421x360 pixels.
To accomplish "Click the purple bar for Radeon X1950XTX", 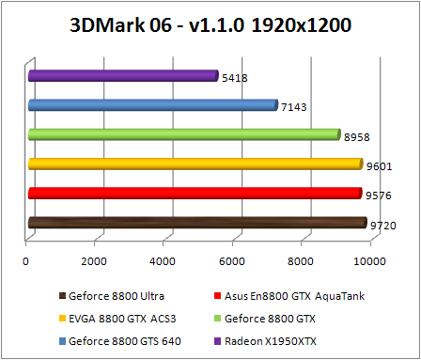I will click(x=122, y=76).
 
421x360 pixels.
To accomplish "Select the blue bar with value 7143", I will click(x=152, y=105).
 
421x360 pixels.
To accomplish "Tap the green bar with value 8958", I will click(x=183, y=134).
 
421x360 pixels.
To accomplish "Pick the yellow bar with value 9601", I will click(x=195, y=164).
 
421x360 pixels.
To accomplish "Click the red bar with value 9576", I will click(x=195, y=194).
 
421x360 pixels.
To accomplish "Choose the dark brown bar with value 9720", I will click(x=196, y=223).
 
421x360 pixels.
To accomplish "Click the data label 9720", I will click(x=382, y=225).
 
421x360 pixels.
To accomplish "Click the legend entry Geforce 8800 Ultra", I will click(x=110, y=296).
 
